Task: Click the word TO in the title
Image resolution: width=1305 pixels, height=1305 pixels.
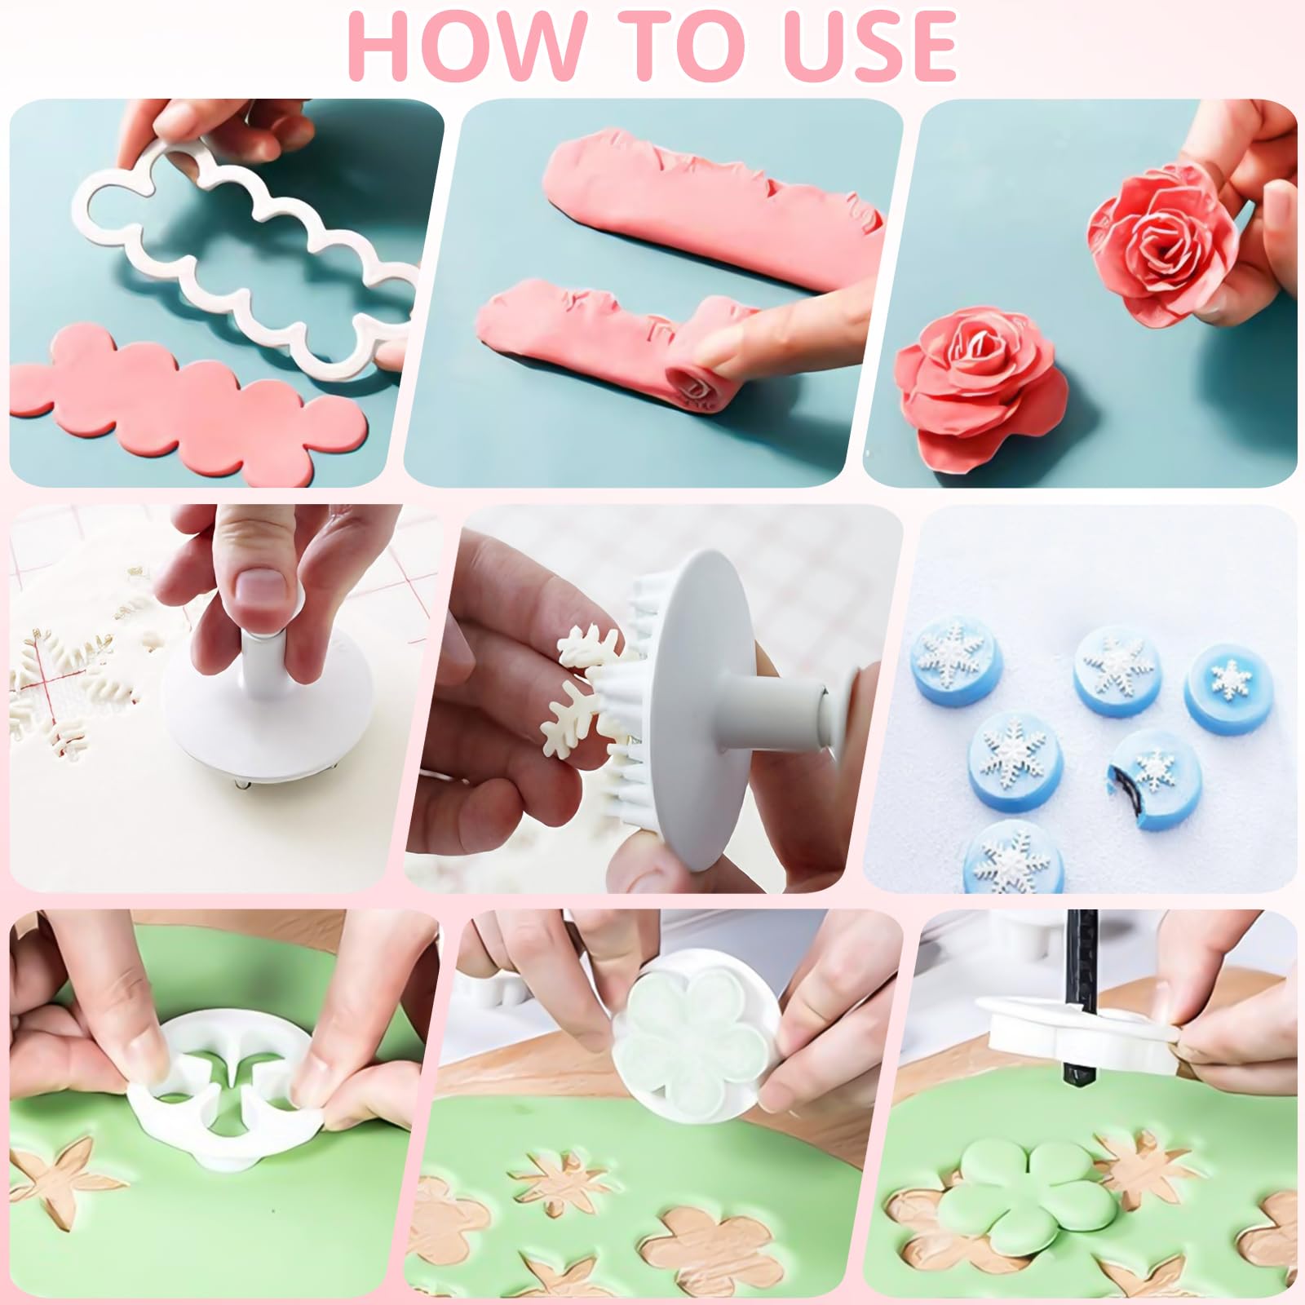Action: point(670,46)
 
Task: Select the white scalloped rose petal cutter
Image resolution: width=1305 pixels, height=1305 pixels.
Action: point(245,245)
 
